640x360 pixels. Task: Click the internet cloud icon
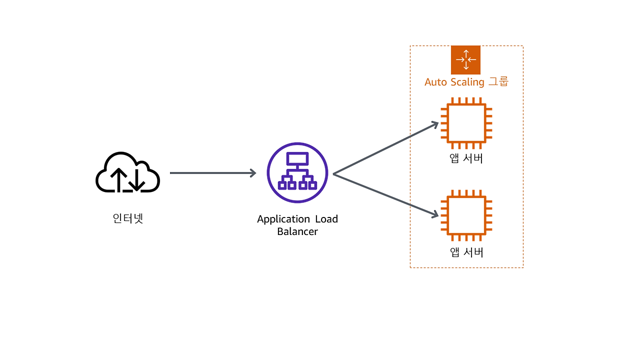tap(127, 172)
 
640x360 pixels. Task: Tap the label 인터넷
tap(127, 218)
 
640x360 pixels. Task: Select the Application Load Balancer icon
tap(297, 173)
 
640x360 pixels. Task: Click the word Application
tap(283, 219)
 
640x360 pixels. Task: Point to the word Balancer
tap(297, 231)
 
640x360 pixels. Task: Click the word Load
tap(326, 219)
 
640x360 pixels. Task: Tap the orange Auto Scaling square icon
tap(465, 60)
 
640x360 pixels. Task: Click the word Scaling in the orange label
tap(467, 82)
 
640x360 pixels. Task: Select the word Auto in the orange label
tap(435, 82)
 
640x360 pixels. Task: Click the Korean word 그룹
tap(498, 81)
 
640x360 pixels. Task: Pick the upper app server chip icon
tap(466, 123)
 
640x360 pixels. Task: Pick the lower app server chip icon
tap(466, 215)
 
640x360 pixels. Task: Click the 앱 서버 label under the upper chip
tap(466, 158)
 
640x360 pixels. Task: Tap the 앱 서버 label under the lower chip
tap(466, 252)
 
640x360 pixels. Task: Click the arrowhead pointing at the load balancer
tap(253, 173)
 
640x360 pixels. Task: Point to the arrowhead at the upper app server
tap(435, 124)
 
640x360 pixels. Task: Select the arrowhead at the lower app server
tap(435, 214)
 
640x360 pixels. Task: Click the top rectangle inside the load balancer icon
tap(297, 158)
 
